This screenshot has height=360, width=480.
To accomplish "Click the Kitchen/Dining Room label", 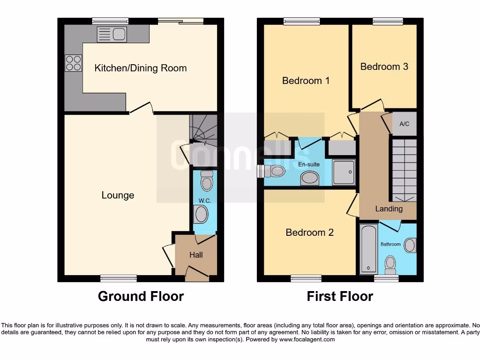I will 141,68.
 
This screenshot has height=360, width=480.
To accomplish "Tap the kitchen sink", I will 112,34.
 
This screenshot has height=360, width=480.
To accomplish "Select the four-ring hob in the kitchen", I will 73,63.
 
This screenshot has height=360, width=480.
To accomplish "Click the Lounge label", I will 118,195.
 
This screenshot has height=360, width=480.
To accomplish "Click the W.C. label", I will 204,201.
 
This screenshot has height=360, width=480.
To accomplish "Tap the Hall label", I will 196,255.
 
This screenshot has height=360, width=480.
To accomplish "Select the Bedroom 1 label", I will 306,81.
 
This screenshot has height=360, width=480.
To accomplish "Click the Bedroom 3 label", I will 384,67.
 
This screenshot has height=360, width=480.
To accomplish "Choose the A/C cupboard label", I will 404,125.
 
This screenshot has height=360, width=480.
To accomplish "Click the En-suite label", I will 309,165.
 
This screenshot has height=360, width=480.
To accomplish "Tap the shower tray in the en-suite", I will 344,172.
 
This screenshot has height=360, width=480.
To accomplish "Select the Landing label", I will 389,209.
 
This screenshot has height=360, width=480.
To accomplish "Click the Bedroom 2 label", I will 309,232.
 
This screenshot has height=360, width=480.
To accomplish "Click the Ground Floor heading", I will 141,296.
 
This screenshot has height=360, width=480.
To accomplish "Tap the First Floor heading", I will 340,296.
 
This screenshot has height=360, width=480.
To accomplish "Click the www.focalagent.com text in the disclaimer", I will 307,339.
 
